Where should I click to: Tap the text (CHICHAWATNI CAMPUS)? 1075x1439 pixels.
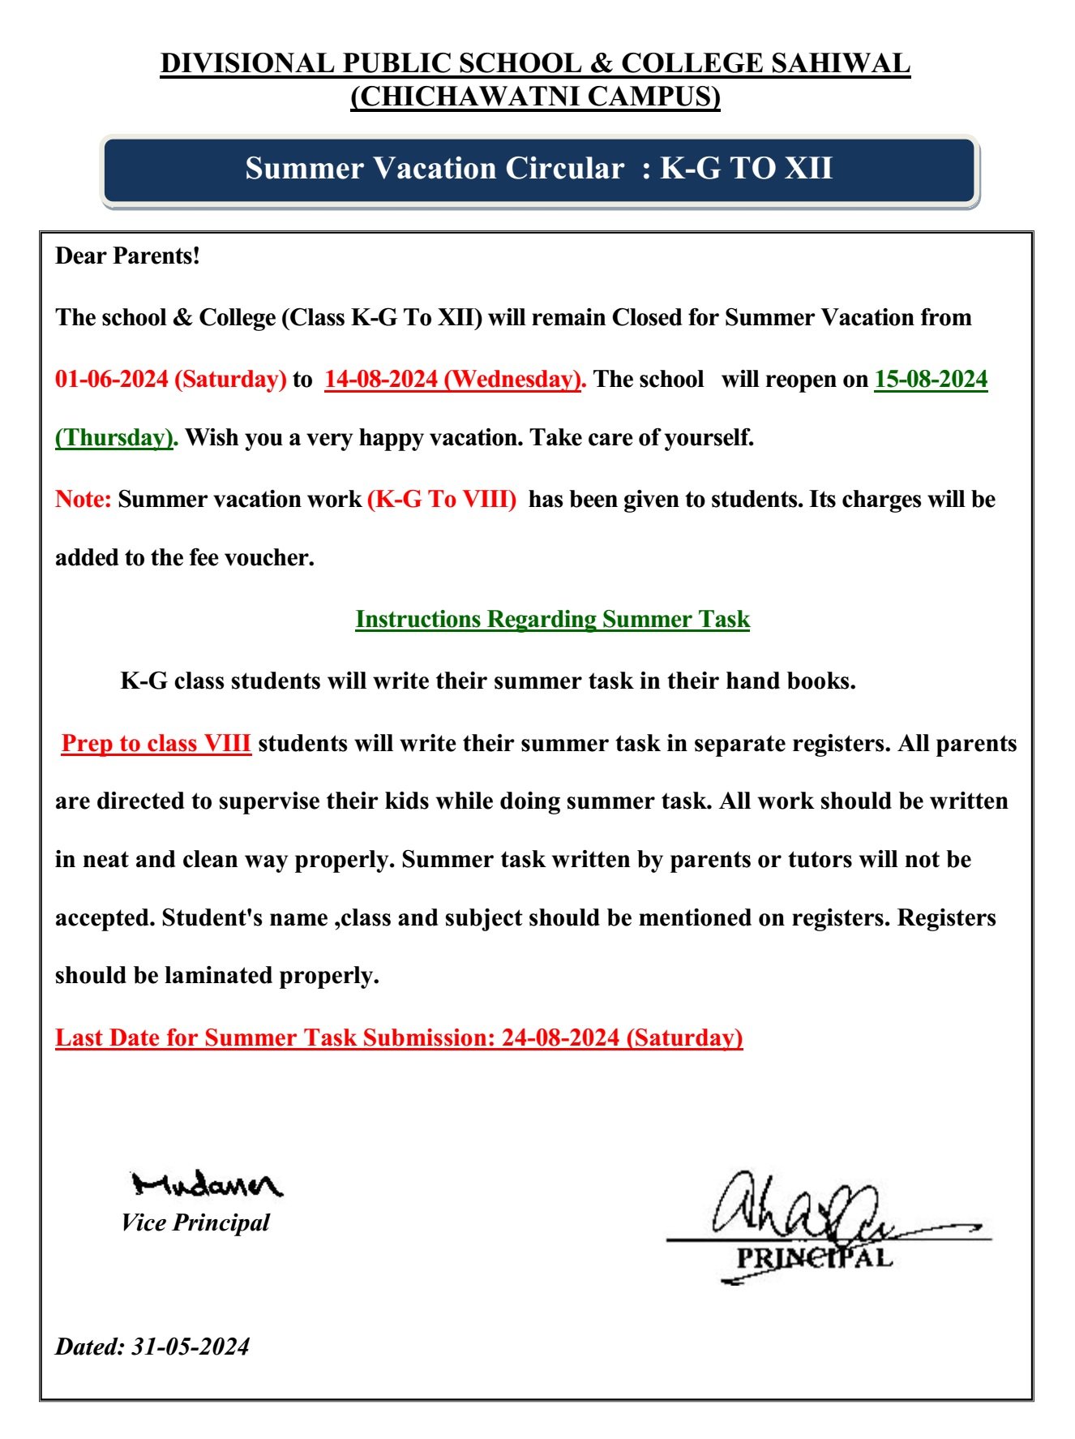[x=535, y=97]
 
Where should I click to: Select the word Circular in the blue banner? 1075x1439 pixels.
[x=565, y=169]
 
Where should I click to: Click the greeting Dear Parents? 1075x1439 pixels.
[x=127, y=256]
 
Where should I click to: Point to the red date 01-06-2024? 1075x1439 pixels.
[x=112, y=379]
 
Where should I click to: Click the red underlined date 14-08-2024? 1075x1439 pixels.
[x=381, y=379]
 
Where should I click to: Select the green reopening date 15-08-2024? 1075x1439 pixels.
[x=931, y=379]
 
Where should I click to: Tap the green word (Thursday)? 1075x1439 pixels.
[x=114, y=438]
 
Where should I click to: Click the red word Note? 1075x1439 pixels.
[x=83, y=499]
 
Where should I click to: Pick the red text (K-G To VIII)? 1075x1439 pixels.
[x=442, y=499]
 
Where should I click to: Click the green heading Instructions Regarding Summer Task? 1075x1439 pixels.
[x=552, y=619]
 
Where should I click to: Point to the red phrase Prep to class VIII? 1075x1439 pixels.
[x=156, y=743]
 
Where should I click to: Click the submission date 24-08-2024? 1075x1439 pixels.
[x=560, y=1037]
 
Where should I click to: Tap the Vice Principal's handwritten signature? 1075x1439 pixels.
[x=207, y=1185]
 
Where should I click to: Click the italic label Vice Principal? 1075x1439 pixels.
[x=195, y=1222]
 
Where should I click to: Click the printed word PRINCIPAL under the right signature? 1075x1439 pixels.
[x=814, y=1258]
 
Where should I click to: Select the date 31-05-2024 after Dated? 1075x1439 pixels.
[x=191, y=1347]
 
